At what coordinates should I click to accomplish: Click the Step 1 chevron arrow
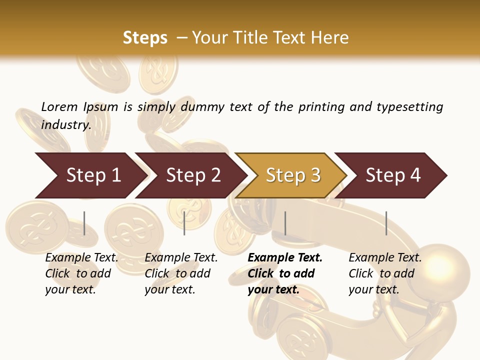(90, 175)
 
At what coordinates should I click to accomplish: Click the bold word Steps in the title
(145, 38)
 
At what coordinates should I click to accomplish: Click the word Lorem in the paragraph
(59, 106)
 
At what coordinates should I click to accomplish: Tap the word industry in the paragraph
(65, 124)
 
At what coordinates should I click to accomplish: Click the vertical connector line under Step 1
(84, 223)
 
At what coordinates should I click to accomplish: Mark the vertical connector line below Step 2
(184, 223)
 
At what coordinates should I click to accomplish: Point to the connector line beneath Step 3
(285, 223)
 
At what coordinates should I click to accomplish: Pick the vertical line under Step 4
(386, 223)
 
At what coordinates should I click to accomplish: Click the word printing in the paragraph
(320, 107)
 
